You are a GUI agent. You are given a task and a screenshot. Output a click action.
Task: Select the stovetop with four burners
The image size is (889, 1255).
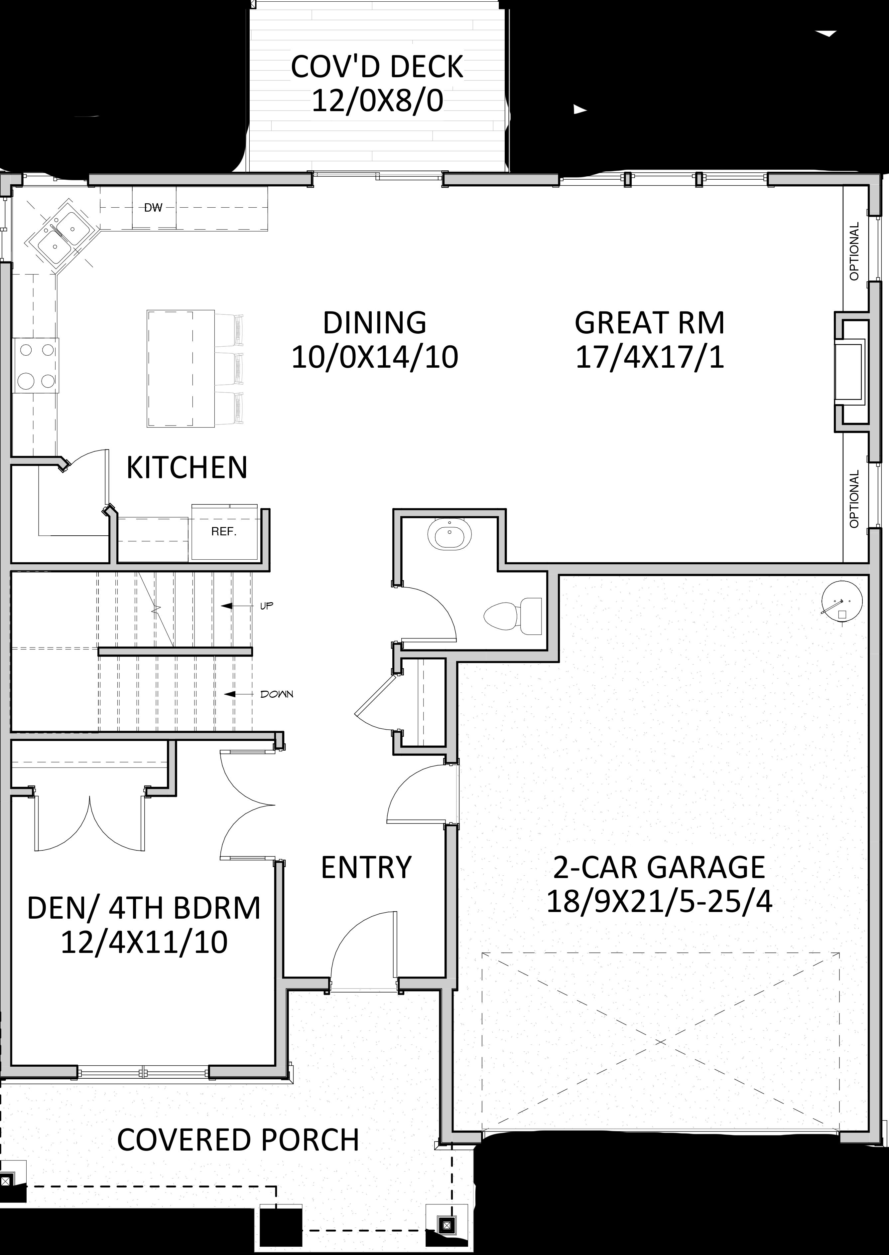pos(37,365)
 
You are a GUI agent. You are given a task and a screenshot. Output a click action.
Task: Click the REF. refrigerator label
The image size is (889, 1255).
pos(224,531)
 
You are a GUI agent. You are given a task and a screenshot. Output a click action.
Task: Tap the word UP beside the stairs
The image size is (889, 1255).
pos(267,606)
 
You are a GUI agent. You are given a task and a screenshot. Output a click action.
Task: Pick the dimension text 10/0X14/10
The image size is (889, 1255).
pos(375,357)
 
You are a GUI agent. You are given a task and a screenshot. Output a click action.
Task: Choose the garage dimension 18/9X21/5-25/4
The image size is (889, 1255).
pos(660,901)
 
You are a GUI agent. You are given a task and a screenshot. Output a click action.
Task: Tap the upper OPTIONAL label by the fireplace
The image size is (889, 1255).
pos(854,251)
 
